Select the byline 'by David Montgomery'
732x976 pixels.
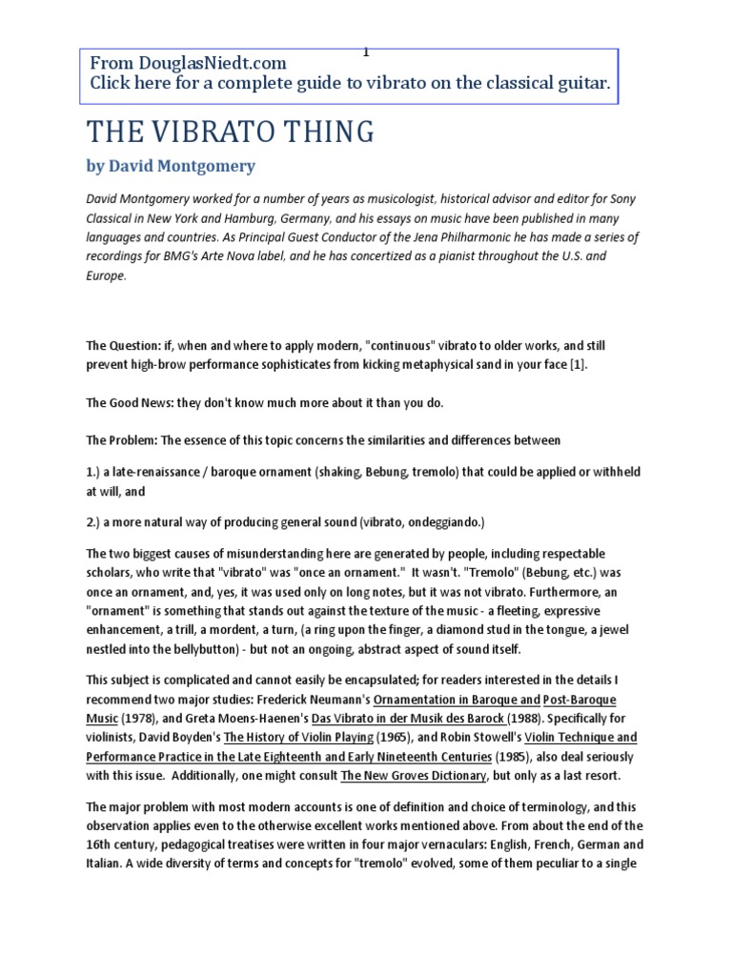(x=171, y=166)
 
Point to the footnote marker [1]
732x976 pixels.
(x=570, y=366)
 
